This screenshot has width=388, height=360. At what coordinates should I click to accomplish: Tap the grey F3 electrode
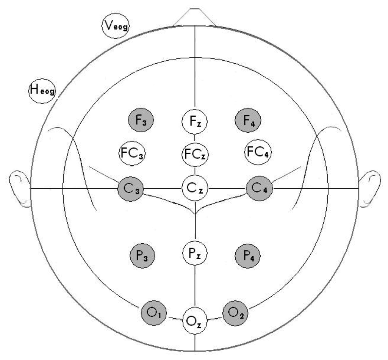point(140,121)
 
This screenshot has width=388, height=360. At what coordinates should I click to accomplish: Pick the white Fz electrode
point(195,122)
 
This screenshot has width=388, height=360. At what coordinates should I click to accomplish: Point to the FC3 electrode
point(132,153)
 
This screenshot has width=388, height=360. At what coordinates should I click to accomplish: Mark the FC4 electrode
point(258,152)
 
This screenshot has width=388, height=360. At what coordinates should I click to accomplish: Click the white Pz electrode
point(195,253)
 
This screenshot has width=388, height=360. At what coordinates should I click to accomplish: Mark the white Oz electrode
point(195,322)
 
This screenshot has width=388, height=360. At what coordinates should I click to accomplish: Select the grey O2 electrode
point(235,313)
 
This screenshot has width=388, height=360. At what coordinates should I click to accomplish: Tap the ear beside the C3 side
point(20,189)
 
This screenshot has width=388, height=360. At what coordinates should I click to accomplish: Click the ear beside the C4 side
point(369,188)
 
